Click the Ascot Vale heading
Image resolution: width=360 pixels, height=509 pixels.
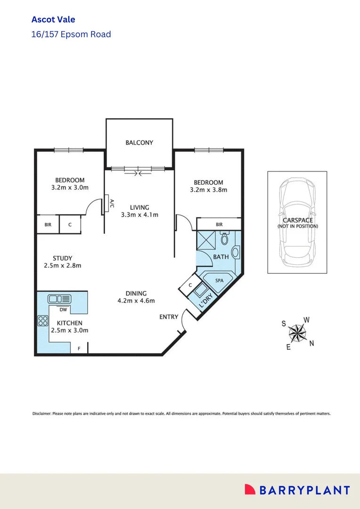tap(53, 19)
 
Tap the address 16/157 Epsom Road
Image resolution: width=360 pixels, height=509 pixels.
tap(71, 34)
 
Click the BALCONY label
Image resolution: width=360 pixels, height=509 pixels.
tap(139, 142)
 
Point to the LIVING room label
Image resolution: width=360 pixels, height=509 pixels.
tap(139, 207)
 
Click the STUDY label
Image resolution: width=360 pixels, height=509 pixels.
tap(62, 258)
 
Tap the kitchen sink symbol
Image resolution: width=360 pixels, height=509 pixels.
tap(59, 298)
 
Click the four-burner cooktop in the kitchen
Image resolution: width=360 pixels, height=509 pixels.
tap(43, 321)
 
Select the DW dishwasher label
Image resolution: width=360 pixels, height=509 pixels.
tap(63, 310)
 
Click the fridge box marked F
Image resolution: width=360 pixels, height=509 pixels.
tap(79, 349)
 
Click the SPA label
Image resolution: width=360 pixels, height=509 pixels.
tap(219, 280)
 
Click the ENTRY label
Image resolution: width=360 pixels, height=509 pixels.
tap(169, 317)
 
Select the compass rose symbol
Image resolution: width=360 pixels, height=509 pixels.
tap(297, 334)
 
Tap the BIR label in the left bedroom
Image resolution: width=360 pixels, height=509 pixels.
tap(48, 225)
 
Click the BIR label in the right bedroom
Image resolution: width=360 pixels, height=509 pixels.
tap(219, 225)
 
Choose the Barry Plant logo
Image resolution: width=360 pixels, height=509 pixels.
tap(297, 490)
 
